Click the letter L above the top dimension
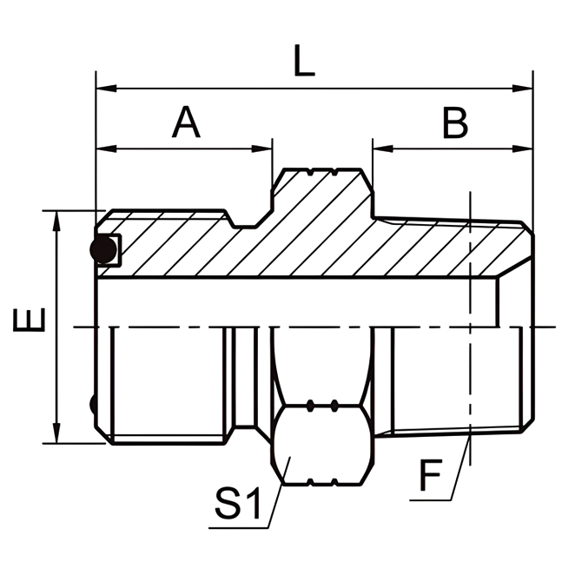point(303,63)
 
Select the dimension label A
point(186,123)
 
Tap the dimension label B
point(454,123)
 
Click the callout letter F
point(431,477)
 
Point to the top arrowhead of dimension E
point(56,218)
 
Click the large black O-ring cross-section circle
point(103,250)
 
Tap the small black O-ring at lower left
point(92,404)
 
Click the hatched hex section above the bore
point(321,226)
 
